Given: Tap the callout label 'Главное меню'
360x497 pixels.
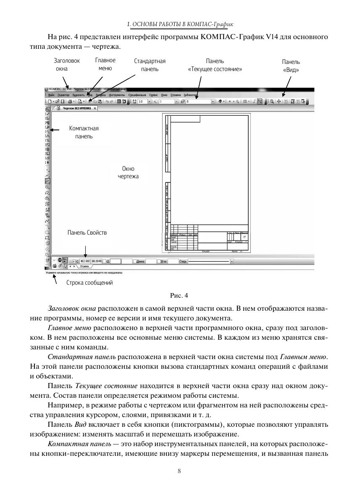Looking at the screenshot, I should tap(105, 64).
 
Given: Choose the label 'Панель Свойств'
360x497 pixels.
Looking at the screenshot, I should tap(87, 233).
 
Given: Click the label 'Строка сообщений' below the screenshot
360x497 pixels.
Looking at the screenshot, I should tap(89, 283).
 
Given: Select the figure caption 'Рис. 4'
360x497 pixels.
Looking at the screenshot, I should tap(180, 295).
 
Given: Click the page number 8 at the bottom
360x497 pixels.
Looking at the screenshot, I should tap(180, 471).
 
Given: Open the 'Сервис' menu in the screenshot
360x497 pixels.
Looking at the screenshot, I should tap(153, 95).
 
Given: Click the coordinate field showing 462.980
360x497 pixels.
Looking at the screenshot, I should tap(84, 261).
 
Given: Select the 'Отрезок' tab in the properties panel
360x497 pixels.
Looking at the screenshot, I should tap(84, 266).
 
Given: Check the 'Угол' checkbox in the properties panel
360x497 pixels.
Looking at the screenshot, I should tap(159, 261).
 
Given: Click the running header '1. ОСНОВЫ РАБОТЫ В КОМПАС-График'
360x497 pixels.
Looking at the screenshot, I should tap(180, 25).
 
